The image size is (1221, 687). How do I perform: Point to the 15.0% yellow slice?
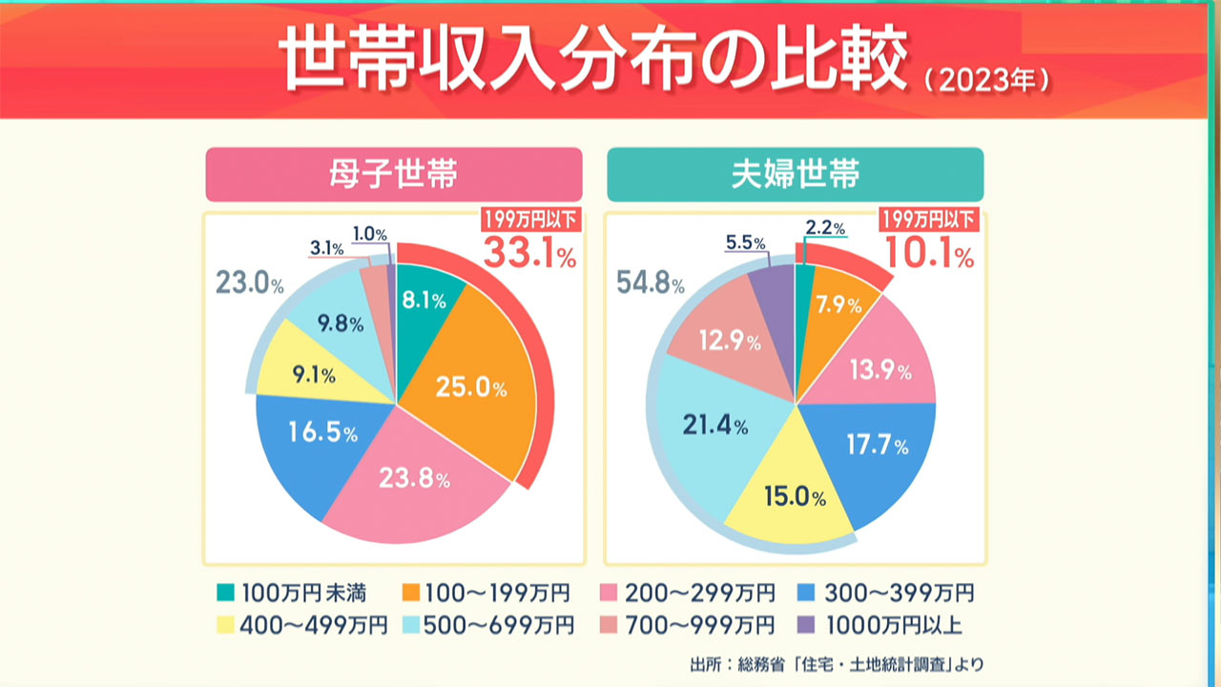(792, 496)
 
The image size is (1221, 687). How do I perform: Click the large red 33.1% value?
(529, 253)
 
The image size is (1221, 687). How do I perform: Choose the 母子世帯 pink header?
(393, 175)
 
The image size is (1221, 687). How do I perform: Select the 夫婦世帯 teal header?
(795, 175)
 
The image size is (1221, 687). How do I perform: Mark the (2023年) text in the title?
(988, 80)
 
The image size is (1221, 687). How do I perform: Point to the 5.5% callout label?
(746, 243)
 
